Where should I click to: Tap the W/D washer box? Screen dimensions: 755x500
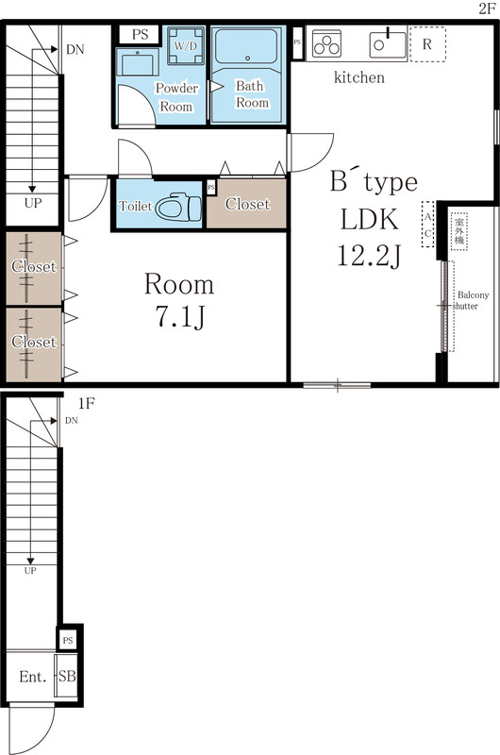(x=182, y=44)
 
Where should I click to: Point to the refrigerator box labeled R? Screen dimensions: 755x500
(x=427, y=44)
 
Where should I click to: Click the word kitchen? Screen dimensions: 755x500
(x=359, y=77)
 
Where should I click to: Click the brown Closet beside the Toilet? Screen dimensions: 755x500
(x=247, y=204)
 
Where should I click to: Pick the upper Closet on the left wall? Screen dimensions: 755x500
(x=33, y=267)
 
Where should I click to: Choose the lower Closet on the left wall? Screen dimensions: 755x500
(x=33, y=342)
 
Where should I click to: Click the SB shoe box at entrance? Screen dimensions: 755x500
(x=67, y=677)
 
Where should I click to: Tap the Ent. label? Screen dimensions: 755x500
(x=32, y=677)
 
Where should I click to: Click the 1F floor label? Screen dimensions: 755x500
(x=86, y=403)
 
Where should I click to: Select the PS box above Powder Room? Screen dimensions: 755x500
(x=141, y=34)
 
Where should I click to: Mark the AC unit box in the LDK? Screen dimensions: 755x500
(x=428, y=225)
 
